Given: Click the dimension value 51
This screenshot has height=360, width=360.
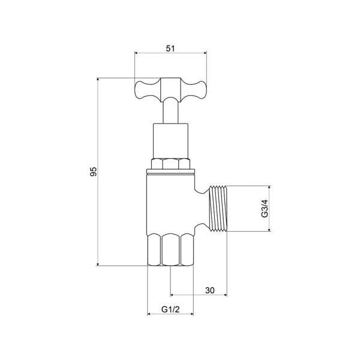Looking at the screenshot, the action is [170, 49].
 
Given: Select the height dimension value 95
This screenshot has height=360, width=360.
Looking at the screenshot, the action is [93, 172].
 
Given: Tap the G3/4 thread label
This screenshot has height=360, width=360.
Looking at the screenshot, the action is [265, 208].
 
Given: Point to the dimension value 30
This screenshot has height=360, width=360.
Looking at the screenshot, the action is [210, 290].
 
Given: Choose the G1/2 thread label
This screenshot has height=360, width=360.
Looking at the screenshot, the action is [170, 309].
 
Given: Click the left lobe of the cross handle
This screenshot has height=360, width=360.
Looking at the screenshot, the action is [148, 90].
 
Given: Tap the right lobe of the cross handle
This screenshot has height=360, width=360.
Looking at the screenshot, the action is [194, 90].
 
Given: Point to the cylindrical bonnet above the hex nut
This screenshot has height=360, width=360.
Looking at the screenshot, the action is [170, 141].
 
